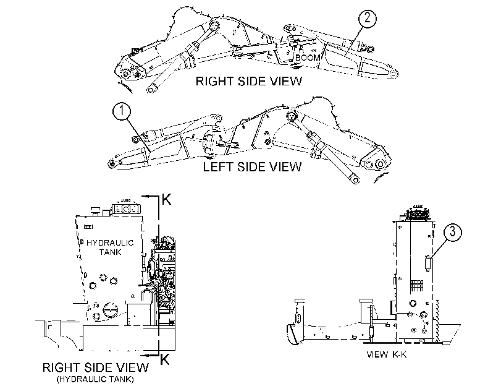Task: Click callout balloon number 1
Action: click(x=122, y=111)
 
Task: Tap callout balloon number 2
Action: click(x=367, y=18)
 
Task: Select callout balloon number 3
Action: click(x=452, y=232)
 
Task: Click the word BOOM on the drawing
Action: click(x=308, y=58)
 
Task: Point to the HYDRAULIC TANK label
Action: click(x=110, y=247)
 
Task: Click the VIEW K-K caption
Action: click(x=386, y=354)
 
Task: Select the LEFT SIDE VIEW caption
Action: click(x=253, y=167)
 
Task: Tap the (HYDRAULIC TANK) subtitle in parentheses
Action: click(x=95, y=380)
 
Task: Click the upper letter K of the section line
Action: click(x=166, y=199)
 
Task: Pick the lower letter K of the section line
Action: click(x=164, y=359)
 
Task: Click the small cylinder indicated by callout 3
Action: click(x=427, y=264)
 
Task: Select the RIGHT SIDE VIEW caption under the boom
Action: click(x=248, y=81)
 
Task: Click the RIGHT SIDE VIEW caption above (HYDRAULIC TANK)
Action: click(x=96, y=367)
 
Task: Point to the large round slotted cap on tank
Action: click(x=111, y=309)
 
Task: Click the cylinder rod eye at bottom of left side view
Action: click(x=355, y=180)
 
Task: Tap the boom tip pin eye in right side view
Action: click(x=394, y=74)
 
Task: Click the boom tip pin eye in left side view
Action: click(x=112, y=163)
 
